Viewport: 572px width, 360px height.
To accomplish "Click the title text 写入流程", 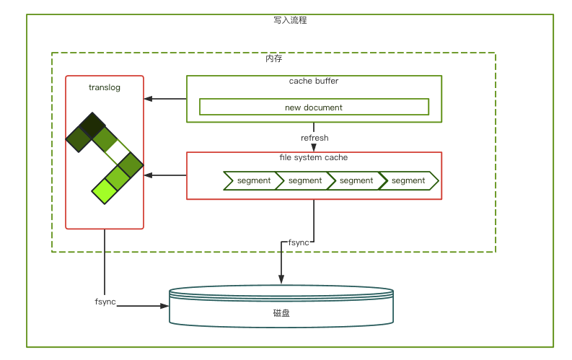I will (x=291, y=21).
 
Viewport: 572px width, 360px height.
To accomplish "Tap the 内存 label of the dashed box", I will (x=274, y=58).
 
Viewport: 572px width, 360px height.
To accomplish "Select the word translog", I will (x=105, y=87).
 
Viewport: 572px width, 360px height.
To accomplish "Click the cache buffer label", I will (x=314, y=81).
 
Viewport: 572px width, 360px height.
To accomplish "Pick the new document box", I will (x=314, y=107).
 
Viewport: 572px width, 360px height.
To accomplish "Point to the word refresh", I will (x=314, y=138).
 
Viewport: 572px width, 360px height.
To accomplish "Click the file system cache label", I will (x=314, y=157).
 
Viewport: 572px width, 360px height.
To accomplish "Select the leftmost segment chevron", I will (x=250, y=180).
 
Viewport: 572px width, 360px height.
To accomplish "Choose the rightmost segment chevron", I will (x=408, y=180).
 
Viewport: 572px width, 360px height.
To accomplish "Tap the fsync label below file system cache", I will (x=299, y=242).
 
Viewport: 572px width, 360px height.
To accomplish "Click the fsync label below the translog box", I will (x=105, y=300).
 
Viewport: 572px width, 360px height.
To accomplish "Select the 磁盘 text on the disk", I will (x=281, y=313).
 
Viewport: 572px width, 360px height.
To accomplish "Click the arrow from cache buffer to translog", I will (x=165, y=99).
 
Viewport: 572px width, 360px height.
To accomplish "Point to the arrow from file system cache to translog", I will (x=165, y=175).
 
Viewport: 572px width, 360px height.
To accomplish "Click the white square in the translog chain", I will (x=118, y=152).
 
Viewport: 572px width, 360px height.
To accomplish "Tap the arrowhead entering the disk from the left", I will (x=164, y=306).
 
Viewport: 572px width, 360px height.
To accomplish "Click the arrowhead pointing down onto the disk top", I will (x=281, y=281).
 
